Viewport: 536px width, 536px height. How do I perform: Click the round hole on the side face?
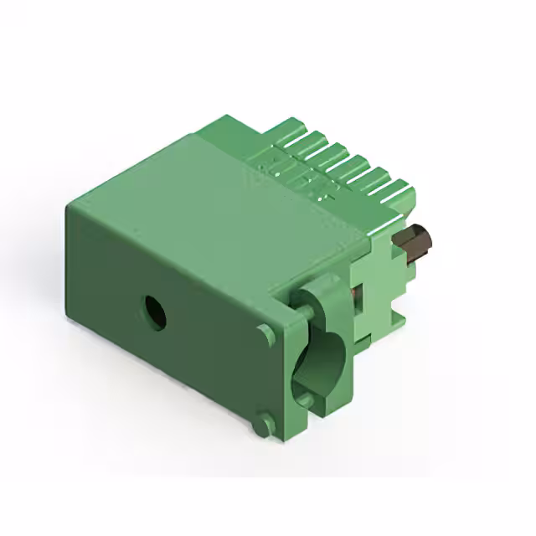point(153,313)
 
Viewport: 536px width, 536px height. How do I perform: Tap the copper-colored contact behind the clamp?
point(357,293)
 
